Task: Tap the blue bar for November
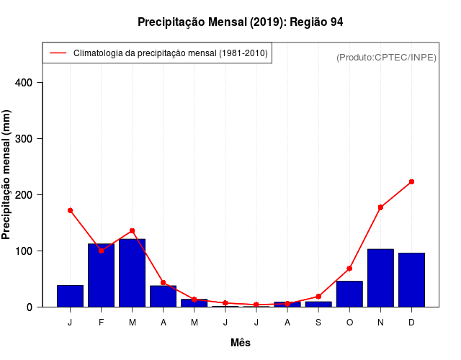click(380, 278)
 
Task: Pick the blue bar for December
click(411, 280)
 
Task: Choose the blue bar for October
click(349, 294)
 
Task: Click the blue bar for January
click(70, 296)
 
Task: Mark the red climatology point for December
click(411, 181)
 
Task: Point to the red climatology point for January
click(70, 210)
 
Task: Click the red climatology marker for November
click(380, 207)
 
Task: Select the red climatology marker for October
click(349, 268)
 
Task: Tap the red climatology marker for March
click(132, 230)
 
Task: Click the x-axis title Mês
click(241, 343)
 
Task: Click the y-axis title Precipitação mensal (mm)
click(7, 179)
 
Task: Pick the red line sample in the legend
click(58, 53)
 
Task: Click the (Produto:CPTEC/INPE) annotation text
click(386, 57)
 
